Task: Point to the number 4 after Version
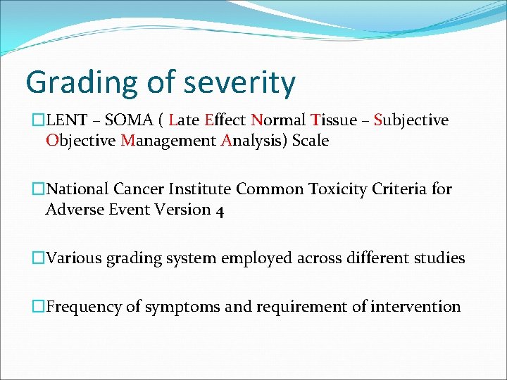tap(218, 210)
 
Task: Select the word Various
tap(74, 258)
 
